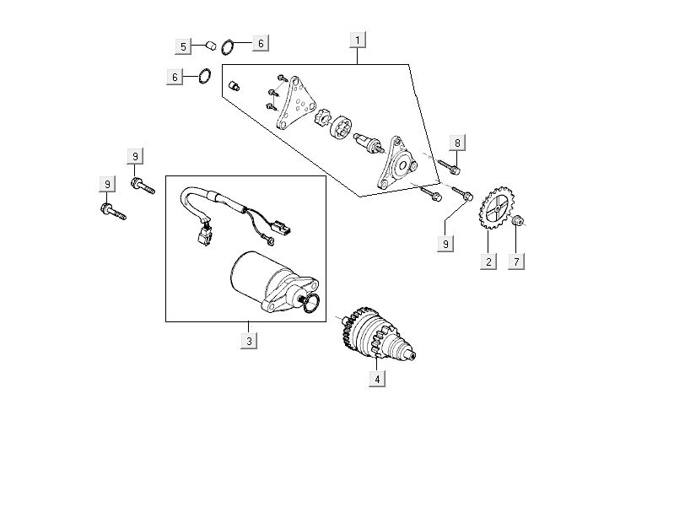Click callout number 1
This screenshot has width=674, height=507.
coord(358,40)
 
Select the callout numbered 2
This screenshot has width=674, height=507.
coord(488,261)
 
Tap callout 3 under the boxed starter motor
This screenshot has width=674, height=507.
coord(248,341)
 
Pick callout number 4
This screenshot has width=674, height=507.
coord(378,379)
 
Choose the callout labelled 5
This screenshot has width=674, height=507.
coord(184,46)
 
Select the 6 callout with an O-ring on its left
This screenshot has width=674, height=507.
coord(260,43)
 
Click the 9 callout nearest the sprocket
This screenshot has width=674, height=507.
coord(445,243)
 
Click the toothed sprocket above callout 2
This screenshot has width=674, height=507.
coord(495,207)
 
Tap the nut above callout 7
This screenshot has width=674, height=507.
coord(518,221)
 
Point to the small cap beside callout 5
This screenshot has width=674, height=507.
coord(212,45)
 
